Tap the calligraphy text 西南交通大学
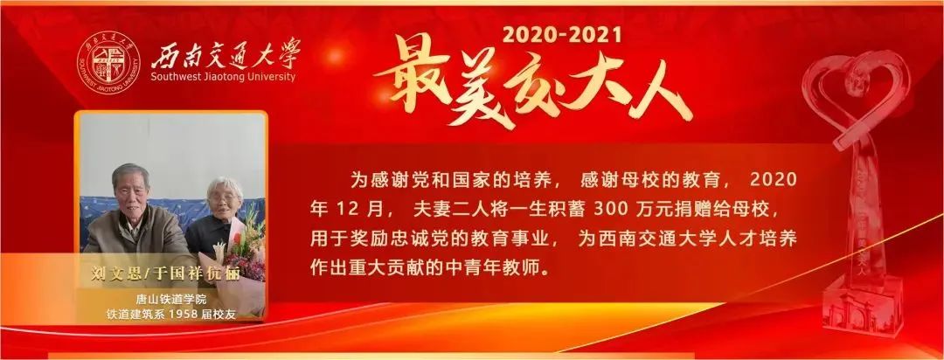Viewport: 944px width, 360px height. click(x=225, y=56)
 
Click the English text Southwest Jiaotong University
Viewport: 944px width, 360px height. click(x=223, y=77)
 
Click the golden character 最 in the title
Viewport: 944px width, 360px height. click(x=415, y=81)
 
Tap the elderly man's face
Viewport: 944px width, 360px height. click(x=132, y=188)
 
